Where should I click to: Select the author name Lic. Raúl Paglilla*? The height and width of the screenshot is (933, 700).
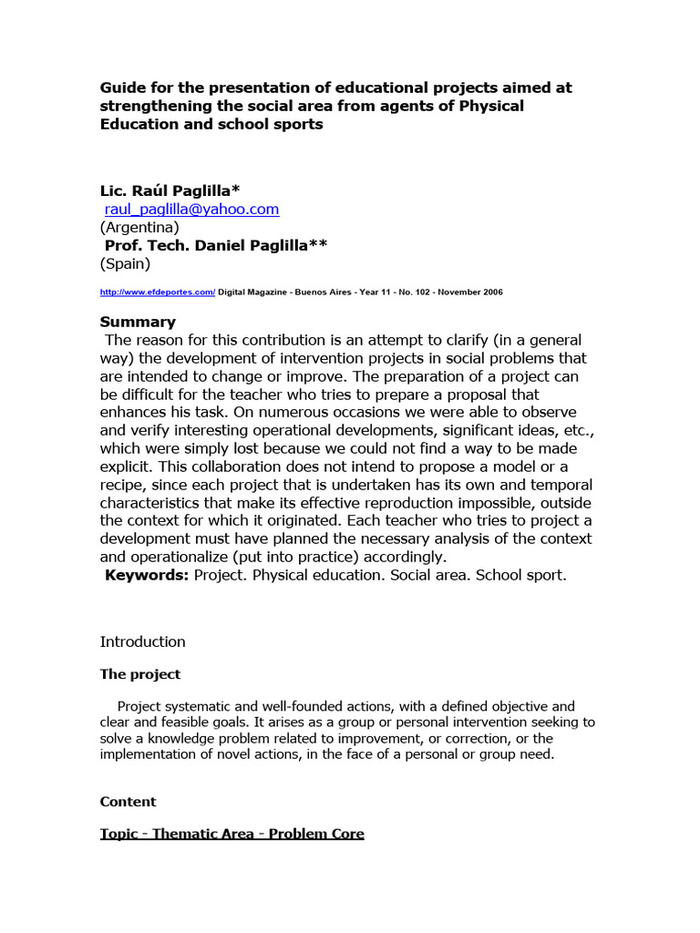[170, 190]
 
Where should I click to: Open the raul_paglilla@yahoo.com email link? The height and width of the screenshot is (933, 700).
[191, 210]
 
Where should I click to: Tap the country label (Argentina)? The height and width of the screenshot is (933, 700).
[139, 228]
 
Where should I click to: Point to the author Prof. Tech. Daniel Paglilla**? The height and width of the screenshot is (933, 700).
[216, 246]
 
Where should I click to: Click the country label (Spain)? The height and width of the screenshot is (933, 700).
[125, 264]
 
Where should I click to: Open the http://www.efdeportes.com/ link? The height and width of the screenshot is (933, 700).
[158, 292]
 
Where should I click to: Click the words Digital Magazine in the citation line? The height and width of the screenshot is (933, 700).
[252, 292]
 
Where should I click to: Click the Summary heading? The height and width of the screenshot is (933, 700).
[138, 322]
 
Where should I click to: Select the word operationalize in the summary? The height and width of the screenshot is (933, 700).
[180, 557]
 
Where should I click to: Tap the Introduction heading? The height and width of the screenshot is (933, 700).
[142, 641]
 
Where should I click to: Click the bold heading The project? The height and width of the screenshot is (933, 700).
[139, 674]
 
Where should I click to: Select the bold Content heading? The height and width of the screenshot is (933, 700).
[128, 802]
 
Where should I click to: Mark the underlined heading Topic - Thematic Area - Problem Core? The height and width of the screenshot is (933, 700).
[232, 834]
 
